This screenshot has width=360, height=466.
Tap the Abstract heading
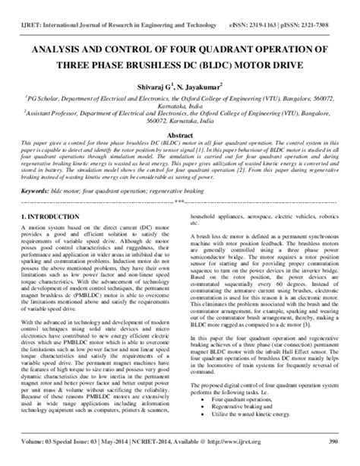click(x=179, y=135)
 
